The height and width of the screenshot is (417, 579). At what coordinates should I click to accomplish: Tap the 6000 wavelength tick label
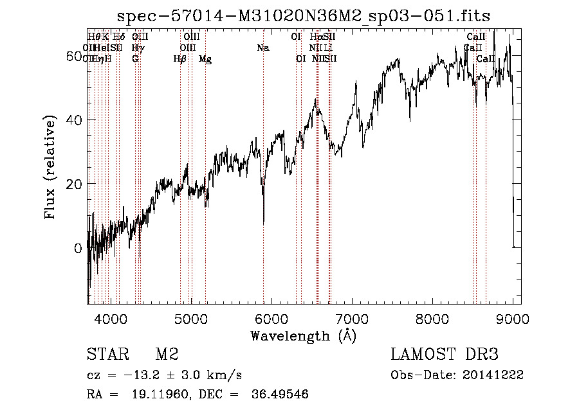271,319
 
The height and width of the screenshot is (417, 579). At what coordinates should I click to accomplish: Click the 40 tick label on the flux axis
74,120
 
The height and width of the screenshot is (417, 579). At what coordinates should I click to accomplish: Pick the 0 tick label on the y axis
78,248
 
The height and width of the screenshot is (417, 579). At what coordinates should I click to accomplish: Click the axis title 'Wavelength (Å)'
303,335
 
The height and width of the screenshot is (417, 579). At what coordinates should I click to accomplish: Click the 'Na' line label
262,48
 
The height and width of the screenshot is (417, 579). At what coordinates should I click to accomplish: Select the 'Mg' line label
205,59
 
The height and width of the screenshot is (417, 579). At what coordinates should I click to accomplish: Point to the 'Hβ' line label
180,59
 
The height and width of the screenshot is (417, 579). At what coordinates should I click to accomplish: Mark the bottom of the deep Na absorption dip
264,223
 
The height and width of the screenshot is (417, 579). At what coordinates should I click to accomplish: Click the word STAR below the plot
107,355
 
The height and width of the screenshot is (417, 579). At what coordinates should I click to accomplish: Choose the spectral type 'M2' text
167,355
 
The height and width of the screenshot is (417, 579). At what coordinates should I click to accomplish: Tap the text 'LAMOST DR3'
445,355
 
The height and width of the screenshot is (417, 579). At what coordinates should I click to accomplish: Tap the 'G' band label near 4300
135,59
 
